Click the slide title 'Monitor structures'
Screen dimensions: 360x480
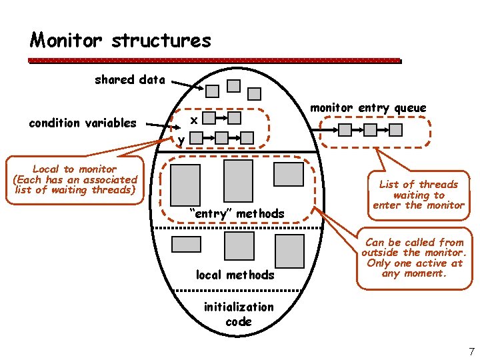pyautogui.click(x=120, y=41)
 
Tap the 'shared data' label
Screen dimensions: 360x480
pyautogui.click(x=129, y=80)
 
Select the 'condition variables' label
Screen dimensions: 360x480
pyautogui.click(x=82, y=123)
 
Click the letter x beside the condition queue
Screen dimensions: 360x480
pyautogui.click(x=193, y=120)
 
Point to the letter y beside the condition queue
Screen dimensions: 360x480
pyautogui.click(x=181, y=139)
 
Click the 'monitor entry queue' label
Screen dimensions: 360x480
pyautogui.click(x=368, y=108)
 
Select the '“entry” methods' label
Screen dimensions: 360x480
pyautogui.click(x=237, y=213)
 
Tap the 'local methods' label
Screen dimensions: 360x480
pyautogui.click(x=235, y=275)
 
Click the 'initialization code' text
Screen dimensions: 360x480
pyautogui.click(x=238, y=314)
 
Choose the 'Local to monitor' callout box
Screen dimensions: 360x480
pyautogui.click(x=75, y=180)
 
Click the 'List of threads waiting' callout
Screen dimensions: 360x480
pyautogui.click(x=418, y=194)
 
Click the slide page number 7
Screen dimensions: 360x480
pyautogui.click(x=471, y=351)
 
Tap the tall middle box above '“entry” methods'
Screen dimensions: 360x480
pyautogui.click(x=238, y=181)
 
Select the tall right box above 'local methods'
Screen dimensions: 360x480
pyautogui.click(x=289, y=251)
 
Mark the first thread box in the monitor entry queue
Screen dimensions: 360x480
pyautogui.click(x=344, y=129)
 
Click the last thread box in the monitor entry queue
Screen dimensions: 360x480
pyautogui.click(x=395, y=129)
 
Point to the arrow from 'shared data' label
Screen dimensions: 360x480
pyautogui.click(x=187, y=85)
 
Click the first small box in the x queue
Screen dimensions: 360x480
pyautogui.click(x=209, y=119)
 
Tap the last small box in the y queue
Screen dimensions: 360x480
pyautogui.click(x=247, y=137)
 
